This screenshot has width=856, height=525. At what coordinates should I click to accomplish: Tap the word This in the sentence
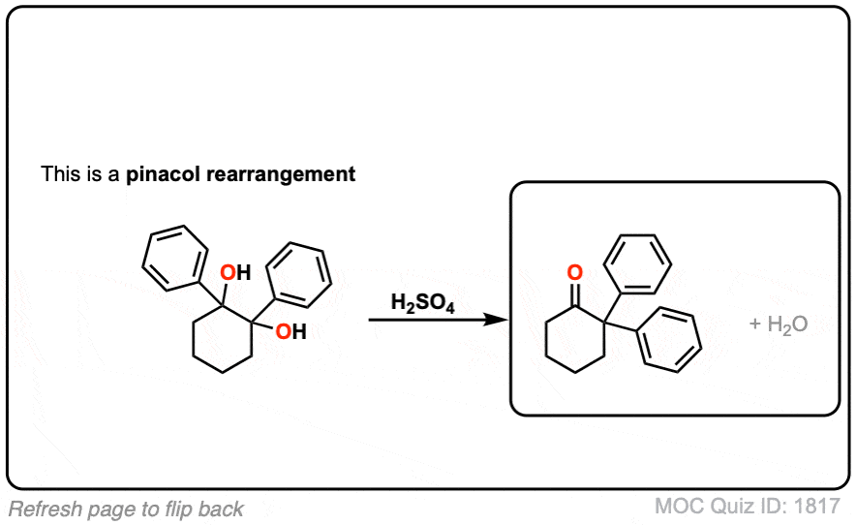60,173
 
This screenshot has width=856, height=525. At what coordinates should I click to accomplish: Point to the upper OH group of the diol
235,272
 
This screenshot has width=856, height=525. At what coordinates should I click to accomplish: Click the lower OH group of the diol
290,331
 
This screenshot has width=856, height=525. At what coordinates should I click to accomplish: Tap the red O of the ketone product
575,272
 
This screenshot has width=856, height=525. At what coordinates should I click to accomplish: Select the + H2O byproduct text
779,324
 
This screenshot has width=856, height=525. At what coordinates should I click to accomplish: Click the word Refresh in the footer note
45,510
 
